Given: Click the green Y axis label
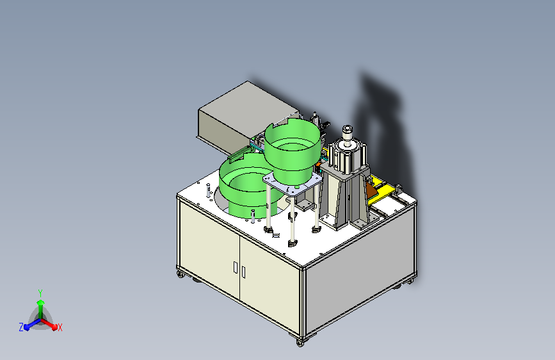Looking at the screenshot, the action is tap(40, 293).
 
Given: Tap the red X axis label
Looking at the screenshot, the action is tap(60, 327).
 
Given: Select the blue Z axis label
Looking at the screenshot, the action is tap(21, 327).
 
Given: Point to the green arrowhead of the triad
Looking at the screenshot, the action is tap(41, 302).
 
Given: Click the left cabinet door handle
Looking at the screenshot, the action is tap(236, 267).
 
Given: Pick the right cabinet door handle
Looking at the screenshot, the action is tap(243, 272).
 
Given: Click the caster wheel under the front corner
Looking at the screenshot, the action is tap(300, 343).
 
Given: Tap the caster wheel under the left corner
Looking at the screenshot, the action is tap(181, 274).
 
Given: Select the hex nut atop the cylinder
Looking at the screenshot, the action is tap(347, 129).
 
